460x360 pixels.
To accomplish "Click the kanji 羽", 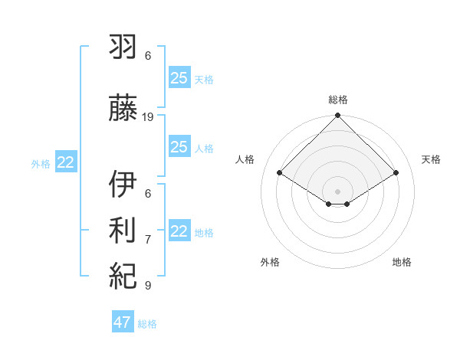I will (x=124, y=48).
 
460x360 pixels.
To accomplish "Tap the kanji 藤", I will (x=124, y=110).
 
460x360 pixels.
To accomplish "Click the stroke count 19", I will (x=148, y=117).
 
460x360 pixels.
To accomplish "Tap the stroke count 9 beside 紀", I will (x=148, y=286).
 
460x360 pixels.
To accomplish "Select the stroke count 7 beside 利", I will (x=148, y=240).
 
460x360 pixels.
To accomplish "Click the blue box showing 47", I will (x=123, y=322).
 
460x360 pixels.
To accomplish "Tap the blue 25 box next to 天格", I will (x=179, y=77).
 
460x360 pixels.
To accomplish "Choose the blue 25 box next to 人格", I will (x=179, y=147).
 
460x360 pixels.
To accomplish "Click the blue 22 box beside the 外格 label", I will (x=65, y=162).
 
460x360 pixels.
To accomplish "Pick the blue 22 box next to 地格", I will (x=179, y=231).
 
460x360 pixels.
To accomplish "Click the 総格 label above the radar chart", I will (x=338, y=100).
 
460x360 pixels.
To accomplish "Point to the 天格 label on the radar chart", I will (x=432, y=159).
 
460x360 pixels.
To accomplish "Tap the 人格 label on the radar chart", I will (x=245, y=159).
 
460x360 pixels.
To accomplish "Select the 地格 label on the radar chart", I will (x=402, y=262).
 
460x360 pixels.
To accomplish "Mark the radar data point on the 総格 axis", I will (x=338, y=116).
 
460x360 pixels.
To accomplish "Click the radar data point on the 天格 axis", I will (x=396, y=173).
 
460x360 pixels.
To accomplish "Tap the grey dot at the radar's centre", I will (x=338, y=190).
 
